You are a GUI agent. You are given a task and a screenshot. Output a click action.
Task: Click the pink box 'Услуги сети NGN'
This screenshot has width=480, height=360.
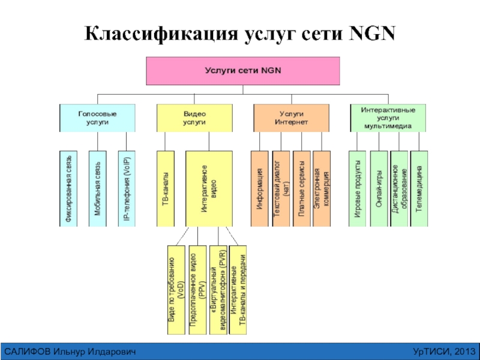tap(243, 71)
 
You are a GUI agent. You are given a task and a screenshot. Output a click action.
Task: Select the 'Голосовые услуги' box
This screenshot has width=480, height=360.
tap(97, 118)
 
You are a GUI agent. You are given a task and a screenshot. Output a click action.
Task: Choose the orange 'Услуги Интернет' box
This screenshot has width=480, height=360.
tap(291, 118)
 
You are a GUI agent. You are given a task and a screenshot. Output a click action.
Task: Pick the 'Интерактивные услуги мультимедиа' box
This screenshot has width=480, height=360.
tap(388, 118)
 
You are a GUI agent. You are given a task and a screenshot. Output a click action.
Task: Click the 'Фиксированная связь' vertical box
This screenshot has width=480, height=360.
tap(70, 188)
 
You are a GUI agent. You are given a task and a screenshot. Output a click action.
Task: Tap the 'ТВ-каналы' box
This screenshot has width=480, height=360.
tap(166, 188)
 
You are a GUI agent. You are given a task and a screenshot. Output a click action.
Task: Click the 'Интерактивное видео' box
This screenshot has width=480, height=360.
tap(208, 188)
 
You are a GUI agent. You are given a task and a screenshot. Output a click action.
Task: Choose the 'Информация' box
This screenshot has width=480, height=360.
tap(260, 188)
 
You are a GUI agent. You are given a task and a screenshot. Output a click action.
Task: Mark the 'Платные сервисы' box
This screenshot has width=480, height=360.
tap(301, 188)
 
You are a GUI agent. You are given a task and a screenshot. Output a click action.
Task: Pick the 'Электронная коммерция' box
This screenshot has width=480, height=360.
tap(322, 188)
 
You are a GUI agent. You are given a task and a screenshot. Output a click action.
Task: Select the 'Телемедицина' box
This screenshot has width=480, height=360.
tap(419, 188)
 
